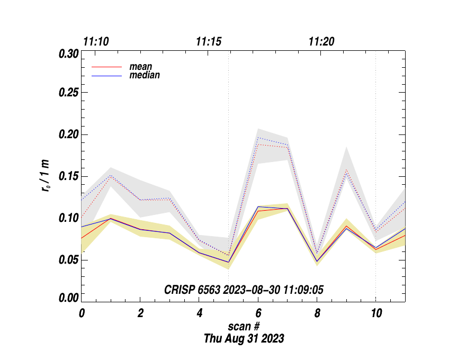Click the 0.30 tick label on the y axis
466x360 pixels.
[x=68, y=55]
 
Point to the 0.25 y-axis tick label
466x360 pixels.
[x=68, y=93]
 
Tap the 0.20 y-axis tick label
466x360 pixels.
[x=68, y=135]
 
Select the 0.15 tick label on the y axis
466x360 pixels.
[x=68, y=177]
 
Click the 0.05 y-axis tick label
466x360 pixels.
[x=68, y=260]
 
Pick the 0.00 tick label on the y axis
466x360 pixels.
[x=68, y=298]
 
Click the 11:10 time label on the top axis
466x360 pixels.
[x=96, y=42]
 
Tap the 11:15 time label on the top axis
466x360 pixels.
[x=209, y=42]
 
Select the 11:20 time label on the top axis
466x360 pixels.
[x=321, y=42]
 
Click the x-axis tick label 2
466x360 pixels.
[x=140, y=313]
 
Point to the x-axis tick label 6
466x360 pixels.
[x=258, y=313]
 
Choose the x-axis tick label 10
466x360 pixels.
[x=375, y=313]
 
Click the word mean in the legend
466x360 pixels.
[x=141, y=67]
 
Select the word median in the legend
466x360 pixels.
[x=145, y=75]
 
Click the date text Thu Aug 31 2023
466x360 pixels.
[x=244, y=339]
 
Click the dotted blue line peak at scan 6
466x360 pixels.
[x=258, y=138]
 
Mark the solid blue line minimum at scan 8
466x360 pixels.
[x=317, y=261]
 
